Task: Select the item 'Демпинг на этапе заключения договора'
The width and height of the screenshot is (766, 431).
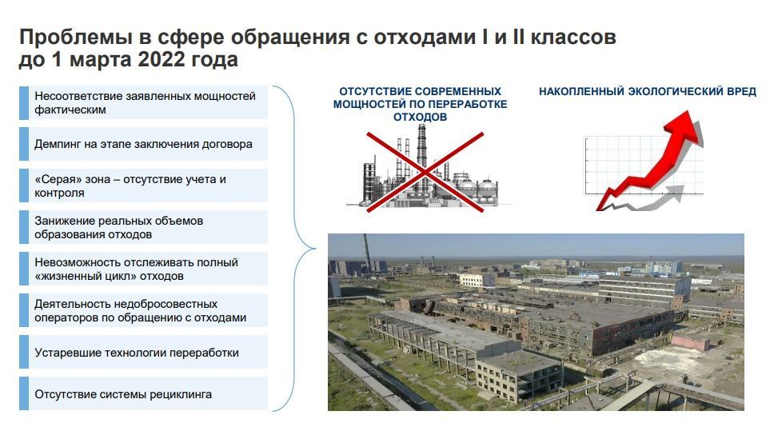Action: click(143, 144)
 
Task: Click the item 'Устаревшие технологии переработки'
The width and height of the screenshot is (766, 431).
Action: click(136, 353)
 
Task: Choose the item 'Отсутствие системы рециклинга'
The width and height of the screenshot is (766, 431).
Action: click(123, 394)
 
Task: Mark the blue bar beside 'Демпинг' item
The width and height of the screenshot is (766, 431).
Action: click(24, 144)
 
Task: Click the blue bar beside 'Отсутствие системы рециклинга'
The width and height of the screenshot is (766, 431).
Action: click(24, 393)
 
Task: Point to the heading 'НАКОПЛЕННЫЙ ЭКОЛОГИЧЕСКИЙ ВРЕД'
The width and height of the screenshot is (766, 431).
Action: click(648, 91)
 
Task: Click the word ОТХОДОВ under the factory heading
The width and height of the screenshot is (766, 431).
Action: click(420, 118)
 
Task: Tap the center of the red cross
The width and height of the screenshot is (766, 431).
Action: click(425, 172)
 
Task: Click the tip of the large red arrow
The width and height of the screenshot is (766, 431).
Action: click(688, 111)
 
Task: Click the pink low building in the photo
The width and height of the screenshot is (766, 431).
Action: click(690, 341)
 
